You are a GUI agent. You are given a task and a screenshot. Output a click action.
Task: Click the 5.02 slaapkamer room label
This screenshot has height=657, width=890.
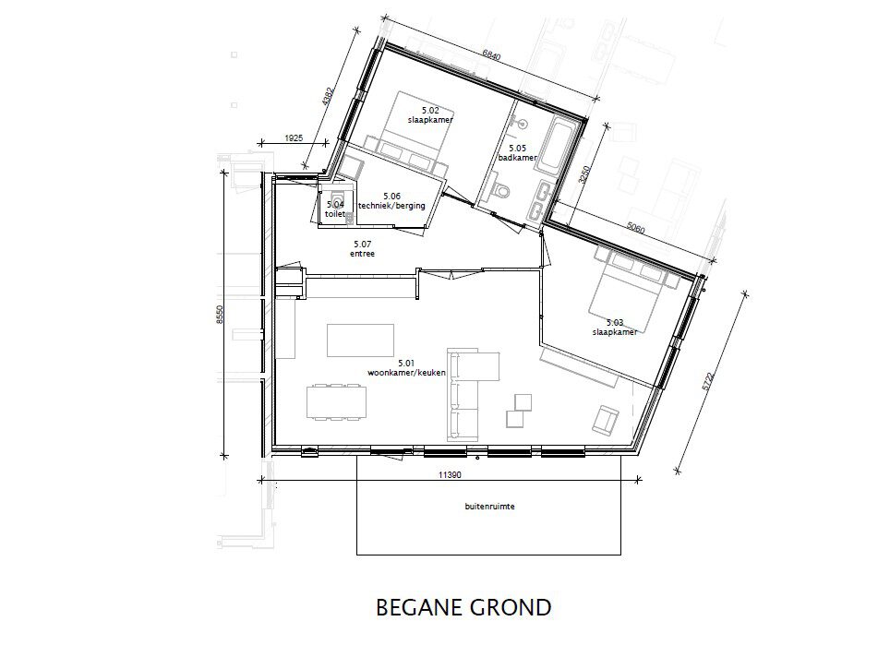[430, 115]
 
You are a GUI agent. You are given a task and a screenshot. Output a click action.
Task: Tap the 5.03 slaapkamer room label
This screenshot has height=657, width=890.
[615, 328]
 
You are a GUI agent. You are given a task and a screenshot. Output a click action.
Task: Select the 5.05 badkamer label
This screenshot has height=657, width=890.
[517, 152]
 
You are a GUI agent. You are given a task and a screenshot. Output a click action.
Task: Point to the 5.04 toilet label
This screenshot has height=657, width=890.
[335, 209]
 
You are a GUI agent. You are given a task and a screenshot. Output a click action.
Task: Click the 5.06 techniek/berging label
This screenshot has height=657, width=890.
[391, 201]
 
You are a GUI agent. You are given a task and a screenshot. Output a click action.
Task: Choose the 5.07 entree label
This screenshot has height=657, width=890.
[362, 249]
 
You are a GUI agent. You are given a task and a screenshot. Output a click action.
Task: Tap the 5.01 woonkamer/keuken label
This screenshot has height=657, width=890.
[406, 367]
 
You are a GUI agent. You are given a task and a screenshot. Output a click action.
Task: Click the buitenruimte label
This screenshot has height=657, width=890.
[489, 506]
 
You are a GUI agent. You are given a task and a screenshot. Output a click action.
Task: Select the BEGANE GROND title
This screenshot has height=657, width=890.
[463, 608]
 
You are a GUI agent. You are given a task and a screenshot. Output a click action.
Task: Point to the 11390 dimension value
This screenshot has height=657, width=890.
[450, 475]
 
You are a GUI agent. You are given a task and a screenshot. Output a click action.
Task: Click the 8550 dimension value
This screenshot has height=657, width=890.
[220, 314]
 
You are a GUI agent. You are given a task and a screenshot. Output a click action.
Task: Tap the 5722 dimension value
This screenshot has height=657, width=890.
[707, 381]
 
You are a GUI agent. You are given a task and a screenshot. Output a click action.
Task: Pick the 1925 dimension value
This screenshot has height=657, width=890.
[294, 137]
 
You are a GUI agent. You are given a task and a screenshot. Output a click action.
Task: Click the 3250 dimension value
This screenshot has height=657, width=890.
[584, 174]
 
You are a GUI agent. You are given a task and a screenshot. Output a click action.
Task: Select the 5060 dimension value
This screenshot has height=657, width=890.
[636, 228]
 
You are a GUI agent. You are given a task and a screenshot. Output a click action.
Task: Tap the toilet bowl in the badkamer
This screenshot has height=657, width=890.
[500, 190]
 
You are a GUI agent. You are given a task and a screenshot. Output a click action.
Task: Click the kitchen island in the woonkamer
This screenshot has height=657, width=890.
[360, 340]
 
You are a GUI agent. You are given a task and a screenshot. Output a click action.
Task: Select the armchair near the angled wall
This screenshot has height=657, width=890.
[605, 419]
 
